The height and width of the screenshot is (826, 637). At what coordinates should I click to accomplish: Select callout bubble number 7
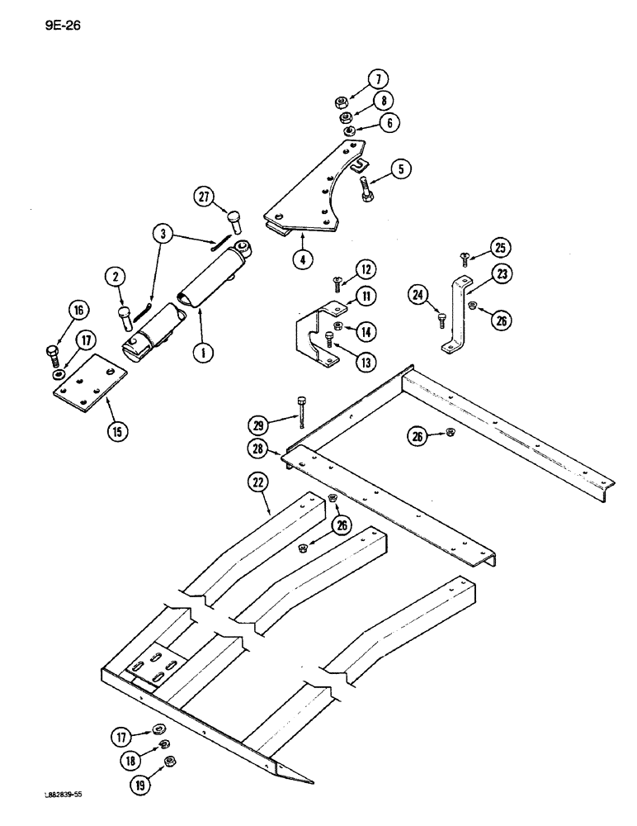[x=379, y=80]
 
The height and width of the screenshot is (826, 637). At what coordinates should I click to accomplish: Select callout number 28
[x=258, y=449]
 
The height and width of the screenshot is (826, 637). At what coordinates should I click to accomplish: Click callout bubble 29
[x=258, y=425]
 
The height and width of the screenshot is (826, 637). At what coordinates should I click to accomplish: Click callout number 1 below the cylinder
[x=200, y=353]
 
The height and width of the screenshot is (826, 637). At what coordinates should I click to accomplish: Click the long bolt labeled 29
[x=304, y=410]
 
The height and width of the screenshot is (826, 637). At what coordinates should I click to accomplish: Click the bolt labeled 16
[x=55, y=358]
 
